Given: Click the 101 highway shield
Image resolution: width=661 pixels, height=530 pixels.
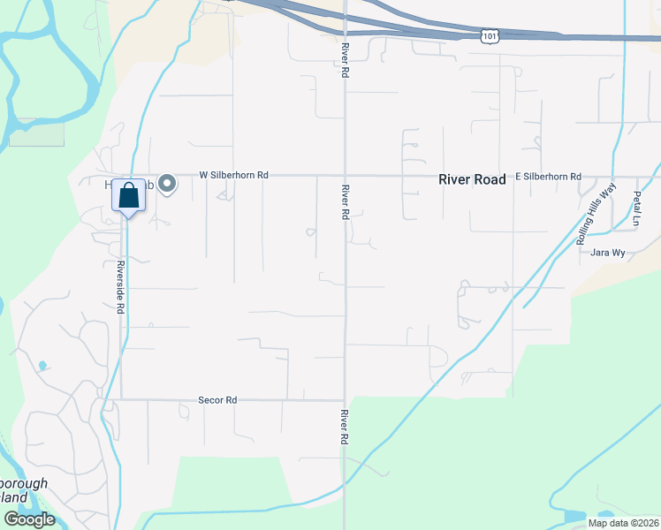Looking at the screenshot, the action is point(489,35).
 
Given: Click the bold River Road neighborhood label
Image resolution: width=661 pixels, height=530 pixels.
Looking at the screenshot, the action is point(473,179).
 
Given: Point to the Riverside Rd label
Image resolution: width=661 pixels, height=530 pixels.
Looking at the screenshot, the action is point(120,288).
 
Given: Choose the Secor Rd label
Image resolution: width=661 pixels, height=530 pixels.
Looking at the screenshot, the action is point(218,400).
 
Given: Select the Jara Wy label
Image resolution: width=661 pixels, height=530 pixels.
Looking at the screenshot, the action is point(608,254).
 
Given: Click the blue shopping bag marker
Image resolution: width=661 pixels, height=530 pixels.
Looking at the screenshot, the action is point(128,197).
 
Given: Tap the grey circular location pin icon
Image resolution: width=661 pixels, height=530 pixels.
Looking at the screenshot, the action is point(167,185).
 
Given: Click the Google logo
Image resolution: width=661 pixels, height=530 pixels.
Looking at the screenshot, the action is point(28,519).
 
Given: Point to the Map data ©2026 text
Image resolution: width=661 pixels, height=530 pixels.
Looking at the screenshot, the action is point(623,523).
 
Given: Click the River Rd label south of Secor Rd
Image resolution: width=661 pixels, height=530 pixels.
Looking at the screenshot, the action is point(345,427).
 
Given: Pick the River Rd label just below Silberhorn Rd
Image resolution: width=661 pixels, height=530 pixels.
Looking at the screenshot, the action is point(346,202).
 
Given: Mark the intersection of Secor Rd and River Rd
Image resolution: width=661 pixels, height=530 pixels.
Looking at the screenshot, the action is point(345,400).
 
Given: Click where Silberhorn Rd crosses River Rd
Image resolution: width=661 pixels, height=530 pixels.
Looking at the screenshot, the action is point(345,176).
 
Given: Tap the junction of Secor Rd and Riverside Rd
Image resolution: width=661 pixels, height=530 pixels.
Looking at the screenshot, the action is point(121,399).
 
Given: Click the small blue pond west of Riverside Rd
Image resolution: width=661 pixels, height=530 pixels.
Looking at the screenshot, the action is point(42,365).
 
